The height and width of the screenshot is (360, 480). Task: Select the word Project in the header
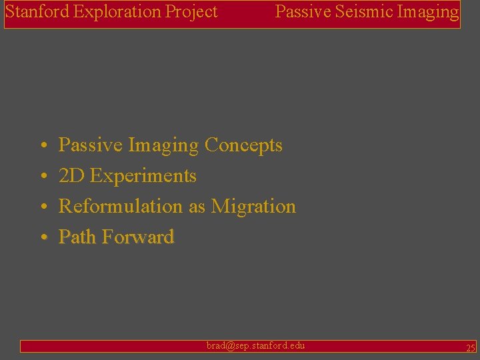pos(193,12)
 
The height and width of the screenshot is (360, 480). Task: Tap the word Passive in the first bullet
pos(91,145)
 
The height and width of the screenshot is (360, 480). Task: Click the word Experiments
pos(143,176)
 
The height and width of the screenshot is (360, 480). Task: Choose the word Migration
pos(253,207)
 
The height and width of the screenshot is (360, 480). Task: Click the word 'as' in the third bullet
pos(197,207)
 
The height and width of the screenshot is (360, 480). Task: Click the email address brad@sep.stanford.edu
pos(255,345)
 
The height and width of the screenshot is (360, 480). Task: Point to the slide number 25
pos(470,348)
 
